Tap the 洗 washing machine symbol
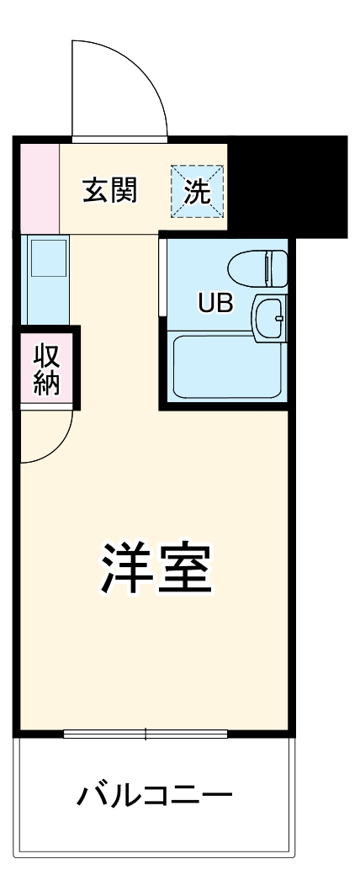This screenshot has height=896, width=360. [199, 191]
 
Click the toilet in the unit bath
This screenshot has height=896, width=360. [252, 268]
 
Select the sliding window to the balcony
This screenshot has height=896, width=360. [145, 734]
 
